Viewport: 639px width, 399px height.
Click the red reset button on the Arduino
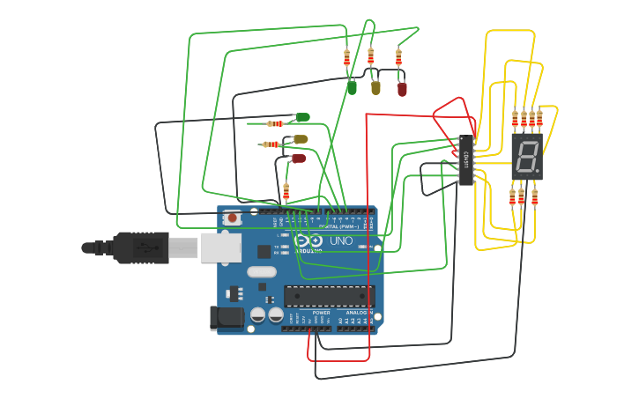[232, 217]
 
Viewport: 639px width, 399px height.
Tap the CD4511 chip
[466, 160]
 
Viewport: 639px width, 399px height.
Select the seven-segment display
[527, 157]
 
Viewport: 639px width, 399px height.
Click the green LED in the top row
[352, 87]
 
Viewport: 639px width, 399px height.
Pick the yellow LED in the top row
[375, 86]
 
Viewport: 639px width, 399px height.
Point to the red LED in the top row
[402, 88]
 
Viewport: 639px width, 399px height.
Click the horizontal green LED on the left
[302, 117]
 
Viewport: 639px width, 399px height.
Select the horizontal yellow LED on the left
[300, 139]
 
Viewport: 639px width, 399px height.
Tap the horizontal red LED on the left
[299, 159]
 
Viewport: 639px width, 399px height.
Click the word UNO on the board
[341, 240]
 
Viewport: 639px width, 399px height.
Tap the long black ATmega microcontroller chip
[329, 297]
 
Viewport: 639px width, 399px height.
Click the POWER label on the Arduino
[322, 313]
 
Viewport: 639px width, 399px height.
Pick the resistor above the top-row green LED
[346, 58]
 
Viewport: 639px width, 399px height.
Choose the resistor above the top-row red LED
[398, 58]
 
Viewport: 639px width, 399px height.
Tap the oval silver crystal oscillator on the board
[262, 271]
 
